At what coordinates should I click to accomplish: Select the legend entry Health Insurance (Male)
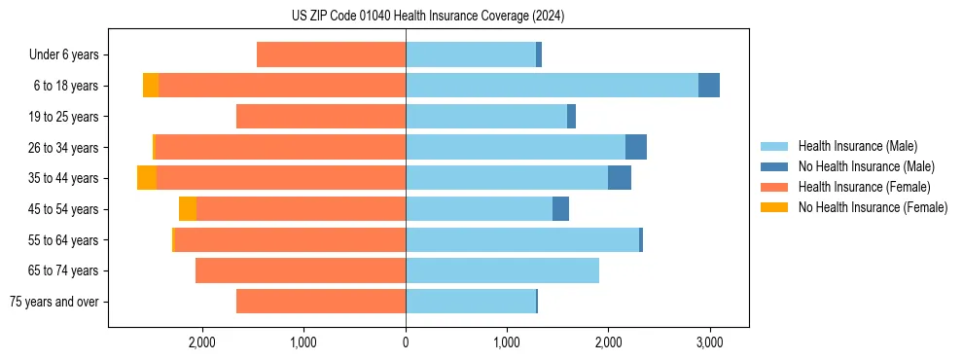[857, 146]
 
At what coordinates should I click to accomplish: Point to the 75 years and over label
[53, 302]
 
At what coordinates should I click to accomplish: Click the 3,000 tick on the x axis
[709, 342]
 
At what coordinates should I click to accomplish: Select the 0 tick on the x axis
[406, 342]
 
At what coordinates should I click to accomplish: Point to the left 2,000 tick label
[202, 342]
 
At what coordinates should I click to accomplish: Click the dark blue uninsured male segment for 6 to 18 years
[709, 86]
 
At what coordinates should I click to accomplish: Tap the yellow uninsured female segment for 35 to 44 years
[147, 178]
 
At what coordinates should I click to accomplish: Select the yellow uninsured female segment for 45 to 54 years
[188, 209]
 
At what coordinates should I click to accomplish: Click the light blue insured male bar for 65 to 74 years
[502, 270]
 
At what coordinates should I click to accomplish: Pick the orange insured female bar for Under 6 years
[331, 55]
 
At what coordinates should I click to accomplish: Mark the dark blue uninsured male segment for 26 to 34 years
[636, 147]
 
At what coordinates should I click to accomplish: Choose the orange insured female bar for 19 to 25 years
[321, 117]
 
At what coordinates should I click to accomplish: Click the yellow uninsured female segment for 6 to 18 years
[151, 86]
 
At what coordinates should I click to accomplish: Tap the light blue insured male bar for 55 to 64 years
[522, 239]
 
